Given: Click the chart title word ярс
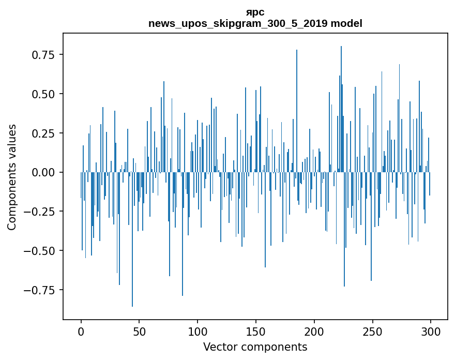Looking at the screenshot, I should pos(255,12).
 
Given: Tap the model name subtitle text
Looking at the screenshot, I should pos(255,23).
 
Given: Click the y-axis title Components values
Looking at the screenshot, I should pos(12,177).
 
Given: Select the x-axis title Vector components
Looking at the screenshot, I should pos(255,347).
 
